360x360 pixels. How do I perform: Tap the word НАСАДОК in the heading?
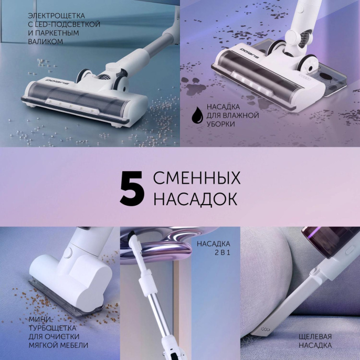pos(195,199)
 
